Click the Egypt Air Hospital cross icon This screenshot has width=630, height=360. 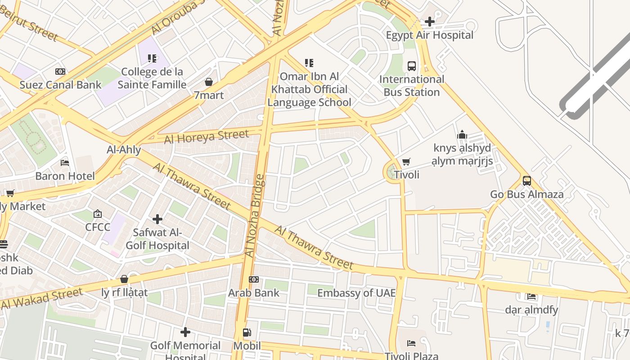pyautogui.click(x=429, y=21)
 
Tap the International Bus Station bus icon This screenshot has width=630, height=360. pyautogui.click(x=411, y=66)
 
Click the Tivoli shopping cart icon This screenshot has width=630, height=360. pyautogui.click(x=406, y=162)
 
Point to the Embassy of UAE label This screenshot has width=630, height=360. pyautogui.click(x=356, y=293)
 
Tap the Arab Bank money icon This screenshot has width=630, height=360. pyautogui.click(x=254, y=279)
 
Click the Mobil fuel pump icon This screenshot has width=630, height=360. pyautogui.click(x=247, y=333)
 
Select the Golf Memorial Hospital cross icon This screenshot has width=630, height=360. pyautogui.click(x=185, y=332)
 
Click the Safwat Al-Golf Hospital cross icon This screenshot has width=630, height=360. pyautogui.click(x=157, y=219)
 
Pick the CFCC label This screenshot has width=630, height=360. pyautogui.click(x=98, y=227)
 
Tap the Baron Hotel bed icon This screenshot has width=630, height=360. pyautogui.click(x=65, y=162)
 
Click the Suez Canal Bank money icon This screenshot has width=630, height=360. pyautogui.click(x=60, y=72)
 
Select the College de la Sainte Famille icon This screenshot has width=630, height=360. pyautogui.click(x=152, y=58)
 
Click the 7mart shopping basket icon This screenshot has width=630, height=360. pyautogui.click(x=208, y=82)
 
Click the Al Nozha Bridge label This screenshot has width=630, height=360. pyautogui.click(x=255, y=216)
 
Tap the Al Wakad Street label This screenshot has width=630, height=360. pyautogui.click(x=42, y=299)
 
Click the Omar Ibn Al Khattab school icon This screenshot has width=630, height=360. pyautogui.click(x=309, y=63)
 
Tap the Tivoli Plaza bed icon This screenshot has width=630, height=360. pyautogui.click(x=411, y=343)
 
